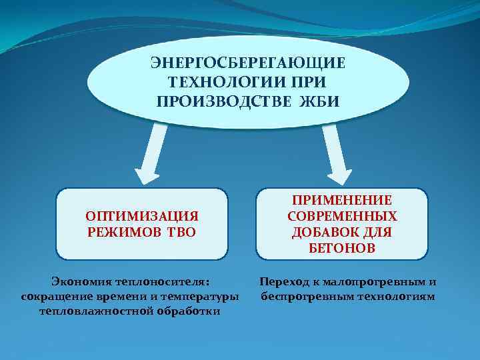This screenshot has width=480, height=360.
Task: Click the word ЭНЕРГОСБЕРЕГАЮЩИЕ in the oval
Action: [247, 64]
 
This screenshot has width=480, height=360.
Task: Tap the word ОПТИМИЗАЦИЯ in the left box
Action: [142, 217]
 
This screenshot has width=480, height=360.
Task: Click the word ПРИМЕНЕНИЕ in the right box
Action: [342, 201]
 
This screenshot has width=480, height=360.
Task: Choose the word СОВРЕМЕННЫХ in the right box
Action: [342, 217]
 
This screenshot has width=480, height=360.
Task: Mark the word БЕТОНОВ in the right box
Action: [342, 248]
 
